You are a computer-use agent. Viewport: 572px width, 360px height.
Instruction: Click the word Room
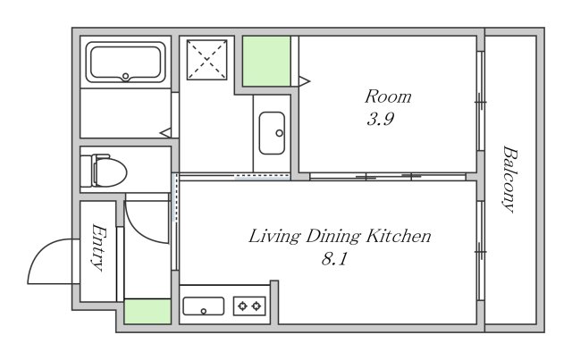[388, 96]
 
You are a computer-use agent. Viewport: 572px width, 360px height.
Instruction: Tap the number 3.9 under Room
[380, 119]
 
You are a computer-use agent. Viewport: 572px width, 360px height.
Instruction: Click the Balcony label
[510, 179]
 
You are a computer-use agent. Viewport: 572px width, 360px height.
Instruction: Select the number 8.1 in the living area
[334, 259]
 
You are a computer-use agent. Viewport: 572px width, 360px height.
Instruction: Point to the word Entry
[98, 247]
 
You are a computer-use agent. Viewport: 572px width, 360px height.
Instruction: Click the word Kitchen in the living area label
[399, 236]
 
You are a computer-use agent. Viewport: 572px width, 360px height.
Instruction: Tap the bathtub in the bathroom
[125, 62]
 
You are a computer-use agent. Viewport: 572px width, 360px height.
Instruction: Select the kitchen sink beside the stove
[204, 306]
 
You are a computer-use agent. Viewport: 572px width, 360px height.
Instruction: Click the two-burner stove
[249, 306]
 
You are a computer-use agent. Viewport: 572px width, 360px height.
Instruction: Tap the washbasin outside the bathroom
[272, 133]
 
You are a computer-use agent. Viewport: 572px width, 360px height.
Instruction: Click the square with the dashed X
[206, 60]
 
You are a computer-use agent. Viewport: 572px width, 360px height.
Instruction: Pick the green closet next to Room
[266, 61]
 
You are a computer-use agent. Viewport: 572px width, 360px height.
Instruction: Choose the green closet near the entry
[147, 312]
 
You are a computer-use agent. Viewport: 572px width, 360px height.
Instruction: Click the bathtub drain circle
[125, 76]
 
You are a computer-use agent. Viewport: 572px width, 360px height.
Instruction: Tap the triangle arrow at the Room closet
[305, 81]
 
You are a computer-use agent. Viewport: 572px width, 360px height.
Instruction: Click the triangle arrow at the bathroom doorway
[165, 133]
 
